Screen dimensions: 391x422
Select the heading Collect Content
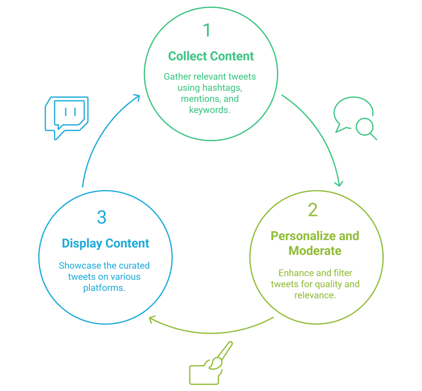pyautogui.click(x=211, y=56)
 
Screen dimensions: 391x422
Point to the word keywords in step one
pyautogui.click(x=209, y=110)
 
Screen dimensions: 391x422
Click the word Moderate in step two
pyautogui.click(x=315, y=250)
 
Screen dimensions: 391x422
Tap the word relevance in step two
pyautogui.click(x=315, y=295)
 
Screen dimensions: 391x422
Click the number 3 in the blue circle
pyautogui.click(x=101, y=217)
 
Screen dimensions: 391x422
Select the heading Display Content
pyautogui.click(x=105, y=243)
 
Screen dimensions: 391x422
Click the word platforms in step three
pyautogui.click(x=104, y=287)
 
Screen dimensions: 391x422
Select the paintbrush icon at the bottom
pyautogui.click(x=223, y=355)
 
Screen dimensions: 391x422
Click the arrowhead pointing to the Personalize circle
pyautogui.click(x=339, y=183)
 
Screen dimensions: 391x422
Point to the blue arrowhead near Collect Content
pyautogui.click(x=136, y=97)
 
